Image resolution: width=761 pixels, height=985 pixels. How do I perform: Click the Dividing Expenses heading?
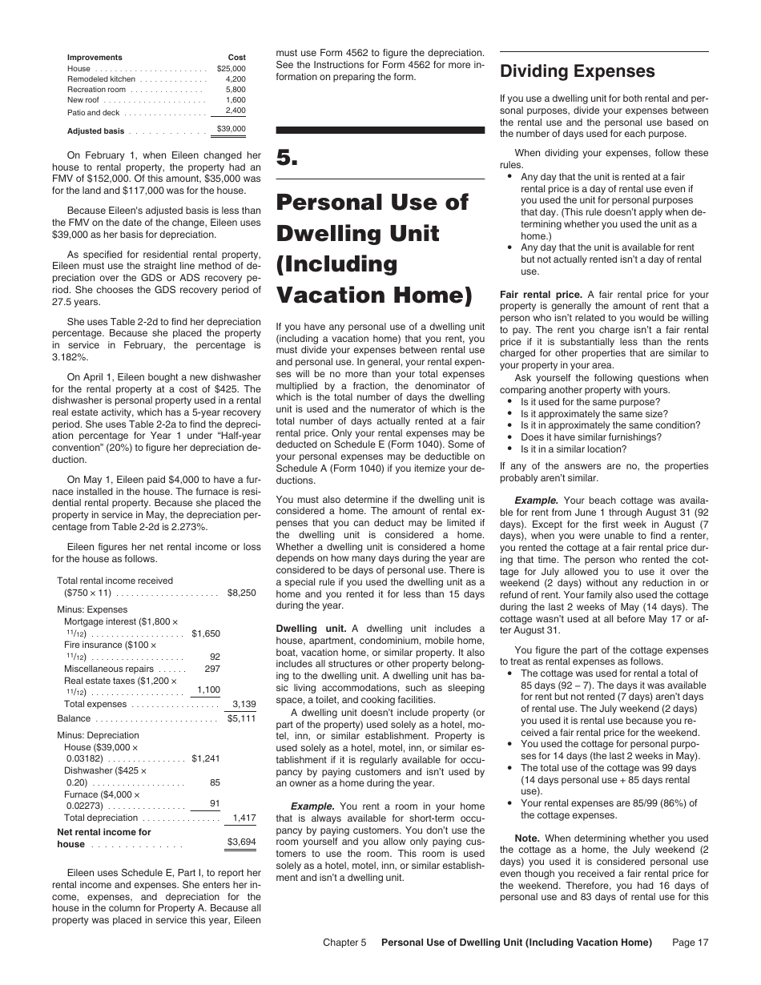(577, 71)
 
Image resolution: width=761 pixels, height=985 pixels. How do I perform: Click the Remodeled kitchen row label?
(101, 79)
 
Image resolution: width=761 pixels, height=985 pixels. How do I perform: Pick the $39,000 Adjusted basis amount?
(232, 129)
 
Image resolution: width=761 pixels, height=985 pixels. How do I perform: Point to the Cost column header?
(237, 58)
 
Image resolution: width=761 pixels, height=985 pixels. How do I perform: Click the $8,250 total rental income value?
(241, 593)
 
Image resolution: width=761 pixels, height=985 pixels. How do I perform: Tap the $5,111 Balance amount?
(241, 718)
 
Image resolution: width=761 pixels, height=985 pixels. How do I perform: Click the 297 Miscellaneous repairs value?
(212, 668)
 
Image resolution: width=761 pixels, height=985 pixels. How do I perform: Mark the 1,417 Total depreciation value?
(244, 818)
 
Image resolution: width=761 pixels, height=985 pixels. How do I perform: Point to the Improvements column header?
(95, 58)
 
